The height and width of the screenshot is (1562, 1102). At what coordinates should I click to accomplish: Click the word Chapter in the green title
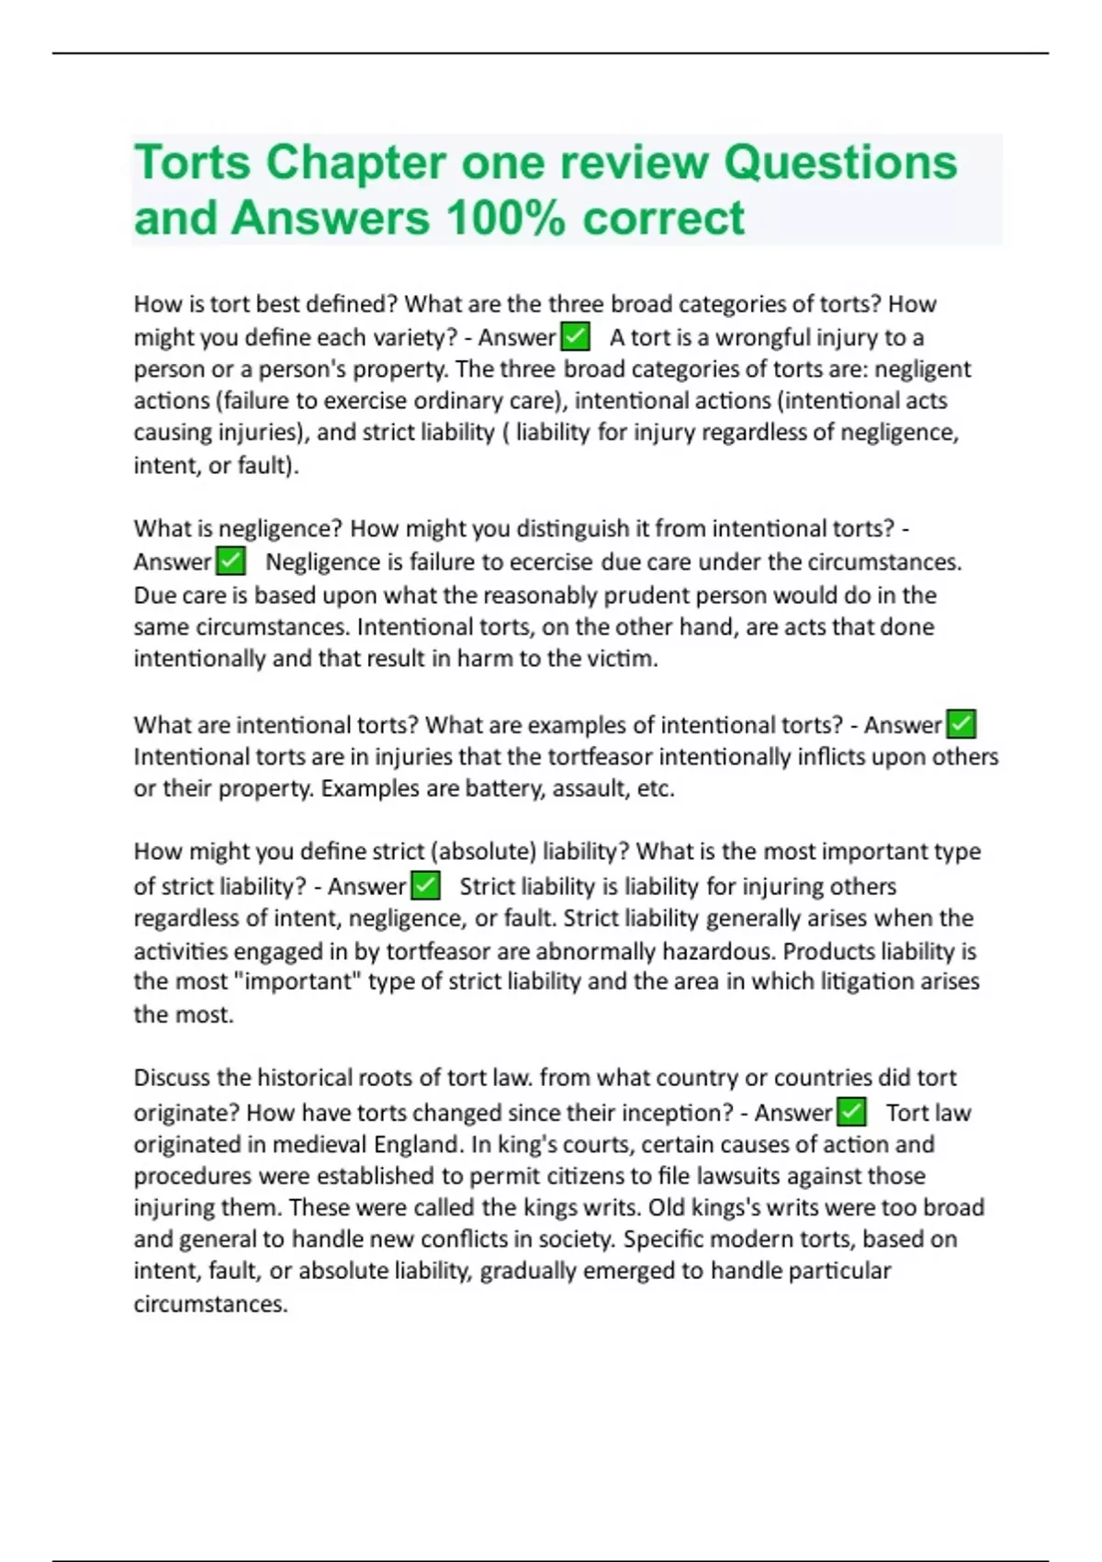pos(354,163)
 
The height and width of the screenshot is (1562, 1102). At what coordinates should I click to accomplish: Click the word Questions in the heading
pos(840,163)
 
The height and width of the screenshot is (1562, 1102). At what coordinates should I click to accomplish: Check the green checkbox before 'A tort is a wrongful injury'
pos(575,337)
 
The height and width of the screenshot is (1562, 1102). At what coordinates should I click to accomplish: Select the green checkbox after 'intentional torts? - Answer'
pos(961,724)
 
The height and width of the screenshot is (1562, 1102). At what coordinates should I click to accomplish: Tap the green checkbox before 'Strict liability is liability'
pos(425,886)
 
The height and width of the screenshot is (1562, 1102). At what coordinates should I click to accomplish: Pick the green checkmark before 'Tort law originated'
pos(852,1112)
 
